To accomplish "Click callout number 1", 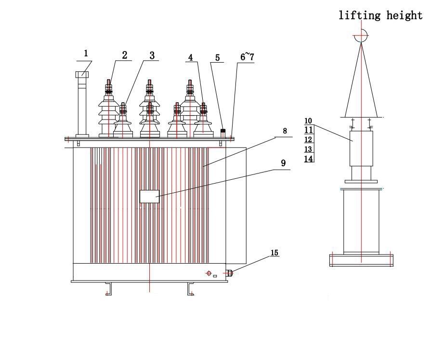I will [x=86, y=53].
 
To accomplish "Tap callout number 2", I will [x=124, y=55].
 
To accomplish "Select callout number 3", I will [x=152, y=55].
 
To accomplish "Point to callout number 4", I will [x=191, y=57].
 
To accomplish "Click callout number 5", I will [x=218, y=58].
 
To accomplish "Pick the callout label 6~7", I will [x=247, y=57].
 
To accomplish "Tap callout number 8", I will [x=285, y=131].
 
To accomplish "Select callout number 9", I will [x=283, y=163].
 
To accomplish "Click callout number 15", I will [x=274, y=253].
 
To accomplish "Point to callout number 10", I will [x=309, y=121].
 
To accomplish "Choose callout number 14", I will [x=309, y=158].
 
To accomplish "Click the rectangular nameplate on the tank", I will [x=149, y=196].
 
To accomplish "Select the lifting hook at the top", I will [x=361, y=35].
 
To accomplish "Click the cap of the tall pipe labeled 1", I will [x=82, y=75].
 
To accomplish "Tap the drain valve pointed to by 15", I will [x=230, y=273].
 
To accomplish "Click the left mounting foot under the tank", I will [x=109, y=289].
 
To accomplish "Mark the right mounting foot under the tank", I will [x=191, y=289].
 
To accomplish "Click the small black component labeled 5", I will [x=223, y=131].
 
